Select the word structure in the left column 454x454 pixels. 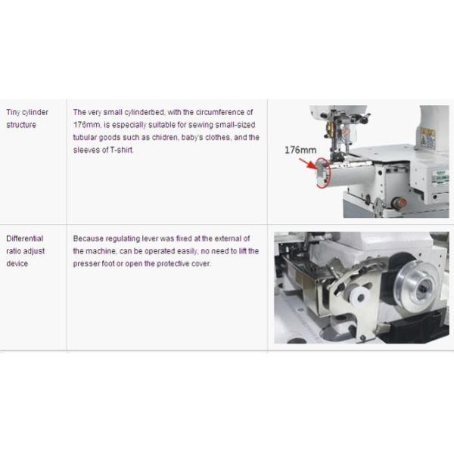pos(20,125)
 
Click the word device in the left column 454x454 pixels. pos(16,264)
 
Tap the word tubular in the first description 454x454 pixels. pos(85,138)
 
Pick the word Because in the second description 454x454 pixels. pos(88,238)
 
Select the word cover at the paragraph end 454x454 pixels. pos(201,264)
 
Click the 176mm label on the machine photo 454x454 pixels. pos(300,150)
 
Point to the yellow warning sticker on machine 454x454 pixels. pos(428,138)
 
